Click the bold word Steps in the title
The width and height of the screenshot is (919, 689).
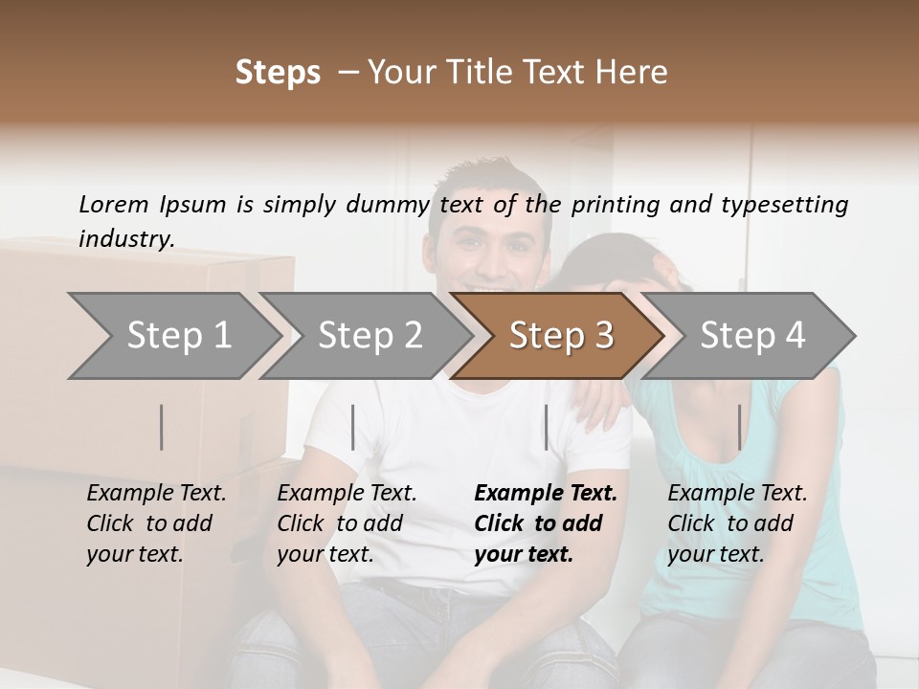[278, 73]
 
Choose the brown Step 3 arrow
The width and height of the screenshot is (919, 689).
[559, 336]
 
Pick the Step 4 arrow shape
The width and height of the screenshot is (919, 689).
[752, 336]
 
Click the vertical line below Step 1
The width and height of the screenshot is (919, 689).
[162, 427]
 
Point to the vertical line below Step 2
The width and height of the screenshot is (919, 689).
[353, 427]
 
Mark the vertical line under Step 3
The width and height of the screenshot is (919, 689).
[546, 427]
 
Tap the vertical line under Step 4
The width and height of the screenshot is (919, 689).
[739, 427]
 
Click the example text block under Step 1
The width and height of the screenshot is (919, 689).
[156, 523]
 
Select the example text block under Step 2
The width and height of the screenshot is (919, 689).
[347, 523]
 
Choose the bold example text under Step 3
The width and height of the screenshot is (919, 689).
[545, 523]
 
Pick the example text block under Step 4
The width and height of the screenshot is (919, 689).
[737, 523]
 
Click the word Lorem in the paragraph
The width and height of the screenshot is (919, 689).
[114, 205]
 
